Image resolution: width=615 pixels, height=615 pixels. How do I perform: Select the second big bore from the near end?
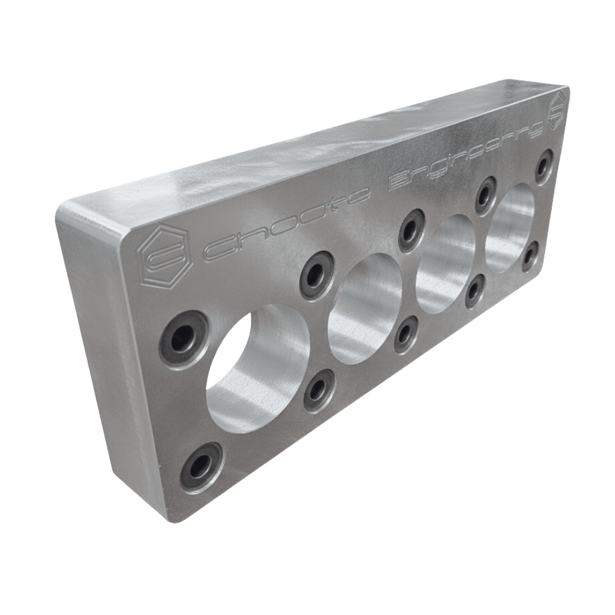coord(365,308)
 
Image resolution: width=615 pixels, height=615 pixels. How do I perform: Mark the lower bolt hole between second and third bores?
coord(405,335)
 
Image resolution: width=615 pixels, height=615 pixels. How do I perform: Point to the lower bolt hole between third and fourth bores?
coord(474,290)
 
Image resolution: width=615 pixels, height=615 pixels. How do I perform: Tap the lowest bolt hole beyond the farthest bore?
coord(530,255)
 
